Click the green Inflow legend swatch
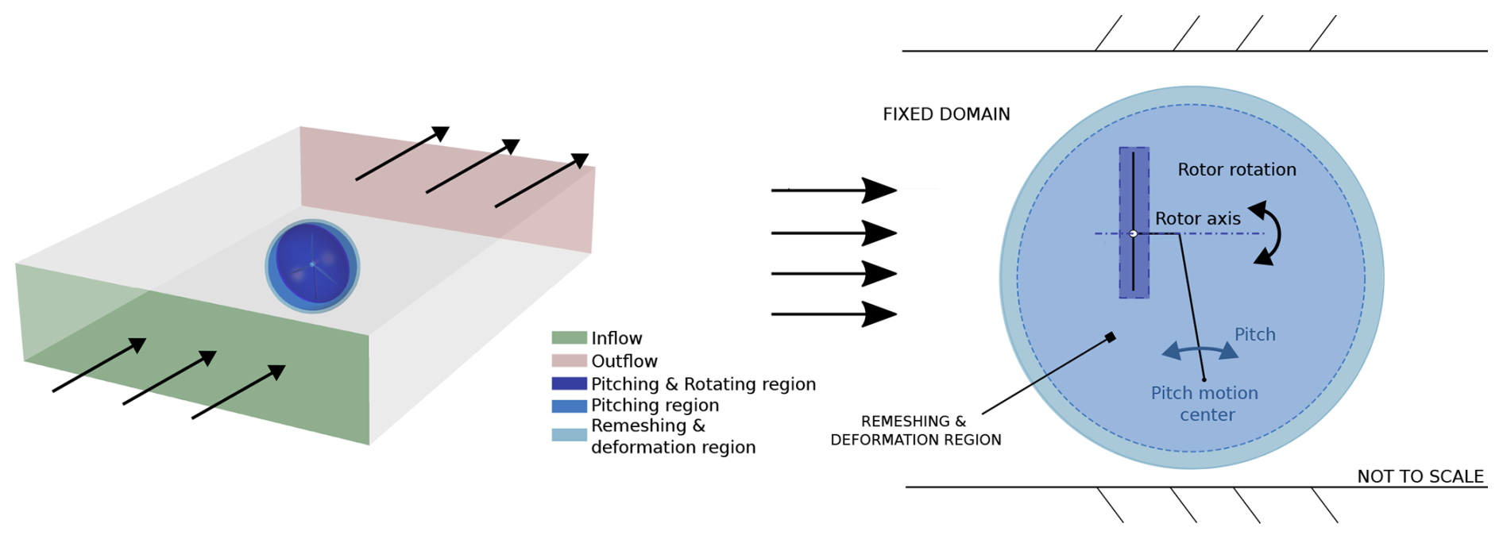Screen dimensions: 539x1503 coord(569,338)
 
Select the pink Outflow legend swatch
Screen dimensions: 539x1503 coord(569,360)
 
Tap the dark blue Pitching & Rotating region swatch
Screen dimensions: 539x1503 coord(569,383)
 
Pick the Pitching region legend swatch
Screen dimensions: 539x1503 coord(569,406)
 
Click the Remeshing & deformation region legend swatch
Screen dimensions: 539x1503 coord(569,435)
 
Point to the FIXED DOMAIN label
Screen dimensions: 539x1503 coord(946,114)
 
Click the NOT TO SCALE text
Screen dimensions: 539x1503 coord(1420,476)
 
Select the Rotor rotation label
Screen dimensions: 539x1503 coord(1236,170)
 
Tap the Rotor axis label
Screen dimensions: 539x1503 coord(1197,219)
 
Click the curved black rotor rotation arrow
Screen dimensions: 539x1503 coord(1270,233)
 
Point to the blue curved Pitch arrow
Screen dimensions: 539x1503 coord(1200,350)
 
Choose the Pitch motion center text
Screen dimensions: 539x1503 coord(1205,403)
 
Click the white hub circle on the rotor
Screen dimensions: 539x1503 coord(1134,233)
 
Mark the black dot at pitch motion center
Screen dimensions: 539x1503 coord(1204,379)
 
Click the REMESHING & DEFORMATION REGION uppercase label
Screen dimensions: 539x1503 coord(915,430)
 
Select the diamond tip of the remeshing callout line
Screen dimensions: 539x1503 coord(1111,337)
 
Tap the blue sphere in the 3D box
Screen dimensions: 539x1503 coord(312,265)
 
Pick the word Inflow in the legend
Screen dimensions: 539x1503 coord(616,338)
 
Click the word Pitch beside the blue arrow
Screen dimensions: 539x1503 coord(1254,335)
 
